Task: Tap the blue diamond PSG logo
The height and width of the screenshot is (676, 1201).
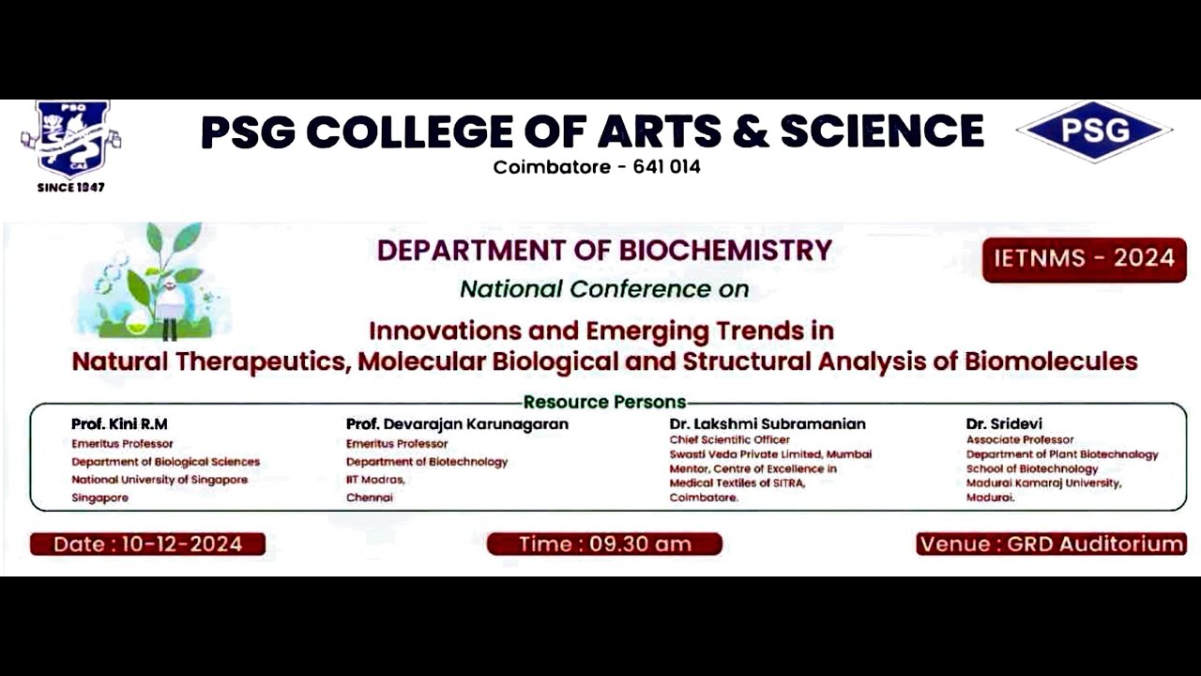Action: [x=1094, y=131]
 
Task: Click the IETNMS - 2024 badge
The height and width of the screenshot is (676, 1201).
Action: [x=1084, y=259]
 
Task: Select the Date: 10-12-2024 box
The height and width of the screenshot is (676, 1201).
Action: [x=147, y=544]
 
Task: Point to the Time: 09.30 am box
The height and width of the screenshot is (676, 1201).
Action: [x=604, y=544]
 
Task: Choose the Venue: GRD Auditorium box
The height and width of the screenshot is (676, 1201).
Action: [x=1051, y=544]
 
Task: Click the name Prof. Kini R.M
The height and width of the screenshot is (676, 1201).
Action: [x=119, y=424]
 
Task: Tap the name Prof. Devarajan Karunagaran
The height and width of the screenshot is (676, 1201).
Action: [x=457, y=424]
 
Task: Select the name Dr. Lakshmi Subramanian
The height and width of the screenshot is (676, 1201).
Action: [x=768, y=424]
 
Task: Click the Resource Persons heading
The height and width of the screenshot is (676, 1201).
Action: [x=604, y=403]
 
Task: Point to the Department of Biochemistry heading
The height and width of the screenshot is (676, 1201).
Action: [x=604, y=251]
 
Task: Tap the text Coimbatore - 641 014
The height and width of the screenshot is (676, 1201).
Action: [x=597, y=167]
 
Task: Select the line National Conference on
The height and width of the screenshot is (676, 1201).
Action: [x=604, y=289]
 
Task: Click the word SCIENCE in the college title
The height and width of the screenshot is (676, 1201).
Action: [x=882, y=131]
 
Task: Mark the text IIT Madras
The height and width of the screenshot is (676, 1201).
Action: [x=375, y=479]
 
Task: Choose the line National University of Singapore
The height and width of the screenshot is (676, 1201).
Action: [x=160, y=480]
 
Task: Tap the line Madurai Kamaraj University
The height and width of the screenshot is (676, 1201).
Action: [x=1043, y=484]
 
